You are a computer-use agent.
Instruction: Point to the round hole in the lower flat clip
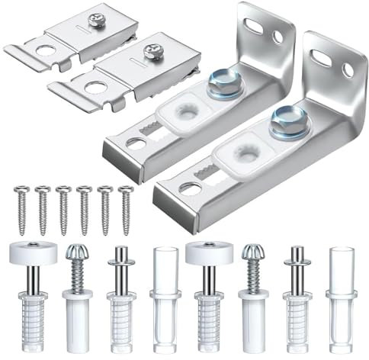94,87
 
